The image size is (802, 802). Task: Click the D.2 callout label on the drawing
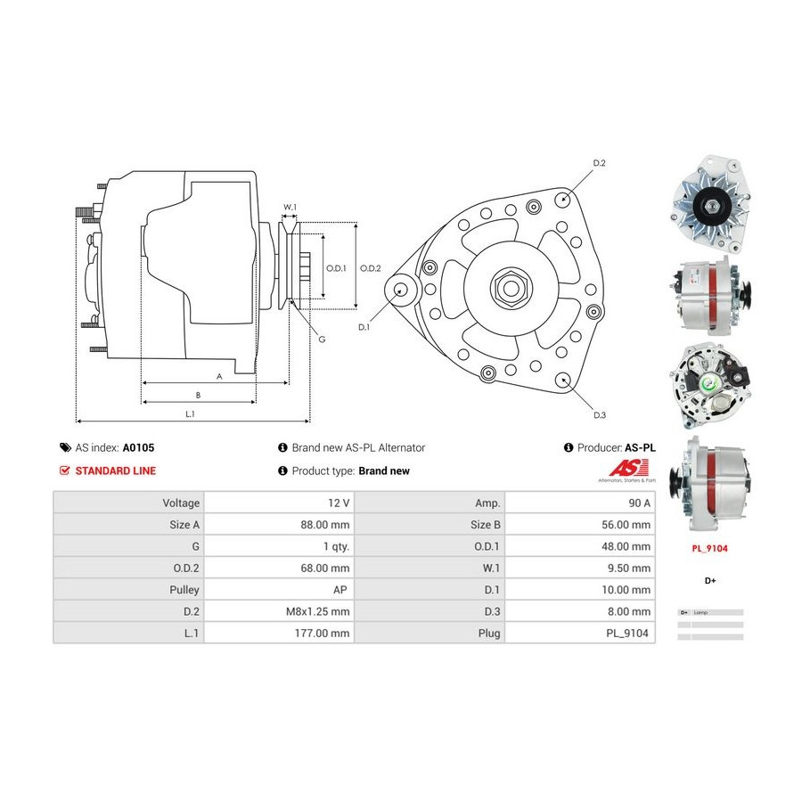coord(599,163)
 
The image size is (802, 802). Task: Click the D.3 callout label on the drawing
coord(599,414)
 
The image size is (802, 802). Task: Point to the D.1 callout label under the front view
coord(364,328)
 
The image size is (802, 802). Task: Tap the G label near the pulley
coord(322,339)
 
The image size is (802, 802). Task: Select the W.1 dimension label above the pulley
coord(290,208)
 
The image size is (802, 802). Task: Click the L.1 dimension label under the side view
coord(190,413)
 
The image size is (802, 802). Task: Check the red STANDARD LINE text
coord(115,471)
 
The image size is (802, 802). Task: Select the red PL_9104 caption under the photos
coord(710,549)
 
